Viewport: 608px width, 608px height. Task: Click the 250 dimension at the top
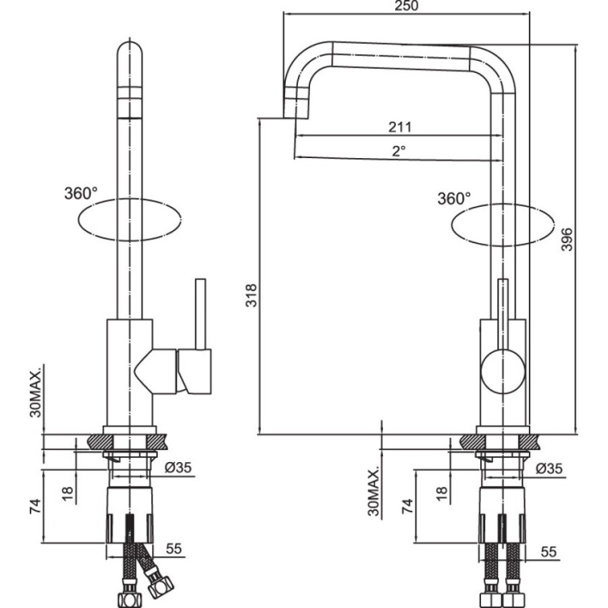coord(407,6)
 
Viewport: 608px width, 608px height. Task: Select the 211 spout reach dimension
coord(400,127)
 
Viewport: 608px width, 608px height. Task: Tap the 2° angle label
coord(398,151)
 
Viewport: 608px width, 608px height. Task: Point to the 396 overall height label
coord(567,239)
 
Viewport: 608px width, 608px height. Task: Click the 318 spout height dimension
coord(251,295)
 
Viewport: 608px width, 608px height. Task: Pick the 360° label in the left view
coord(80,193)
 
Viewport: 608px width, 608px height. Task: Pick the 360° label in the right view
coord(454,199)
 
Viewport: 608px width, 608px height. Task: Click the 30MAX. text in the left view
coord(35,393)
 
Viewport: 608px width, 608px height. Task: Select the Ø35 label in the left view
coord(178,467)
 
